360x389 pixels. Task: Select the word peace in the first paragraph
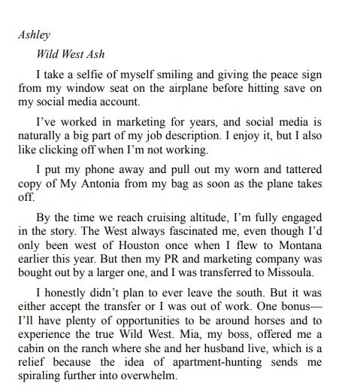261,74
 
